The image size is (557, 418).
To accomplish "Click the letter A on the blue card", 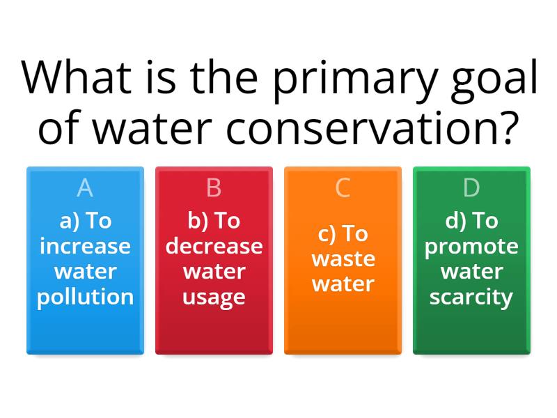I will pos(85,188).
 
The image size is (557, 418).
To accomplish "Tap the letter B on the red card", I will pos(214,188).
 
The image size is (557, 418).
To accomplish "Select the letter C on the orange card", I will pos(343,188).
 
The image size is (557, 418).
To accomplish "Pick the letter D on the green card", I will pos(471,188).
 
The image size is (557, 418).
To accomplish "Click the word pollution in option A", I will pos(85,297).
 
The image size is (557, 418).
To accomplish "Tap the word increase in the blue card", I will pos(85,246).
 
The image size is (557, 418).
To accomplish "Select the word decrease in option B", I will pos(214,246).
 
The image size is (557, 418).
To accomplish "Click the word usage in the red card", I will pos(214,297).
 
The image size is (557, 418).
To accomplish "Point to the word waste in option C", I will pos(343,258).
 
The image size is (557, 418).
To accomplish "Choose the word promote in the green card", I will pos(471,246).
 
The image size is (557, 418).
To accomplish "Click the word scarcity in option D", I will pos(471,297).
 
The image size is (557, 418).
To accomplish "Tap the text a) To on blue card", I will pos(85,221).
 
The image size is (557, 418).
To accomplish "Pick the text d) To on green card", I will pos(471,221).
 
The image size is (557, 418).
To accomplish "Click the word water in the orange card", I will pos(343,284).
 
